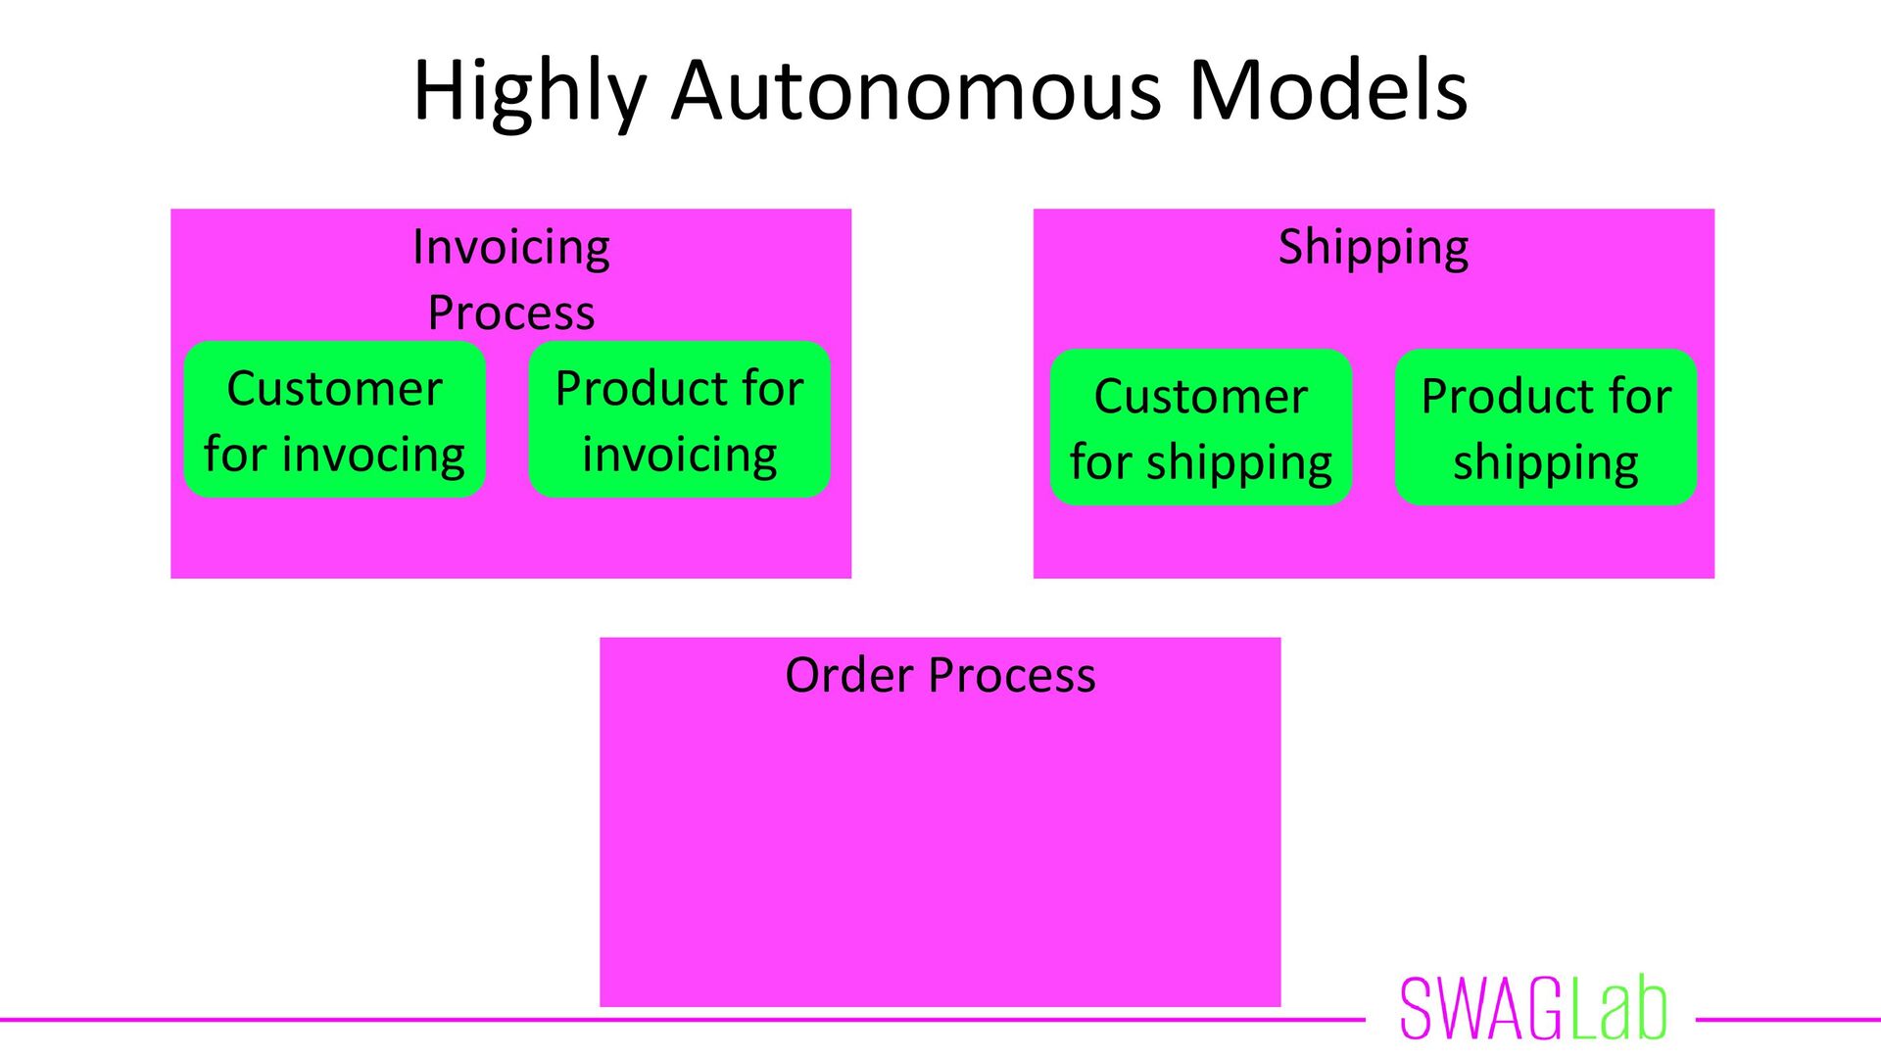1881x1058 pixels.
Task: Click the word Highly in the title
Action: pos(530,91)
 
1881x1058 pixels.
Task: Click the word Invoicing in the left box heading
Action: pos(510,247)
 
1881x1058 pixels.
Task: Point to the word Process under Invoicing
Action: pos(510,313)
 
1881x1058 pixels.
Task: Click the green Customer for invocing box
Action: pos(334,420)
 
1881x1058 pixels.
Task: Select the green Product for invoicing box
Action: pos(679,420)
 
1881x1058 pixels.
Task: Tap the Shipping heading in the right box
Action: pos(1373,247)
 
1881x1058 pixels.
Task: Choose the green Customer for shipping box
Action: pos(1201,428)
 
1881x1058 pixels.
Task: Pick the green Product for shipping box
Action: pos(1546,428)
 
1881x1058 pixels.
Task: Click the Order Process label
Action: pos(940,675)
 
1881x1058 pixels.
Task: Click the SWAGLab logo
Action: pos(1533,1009)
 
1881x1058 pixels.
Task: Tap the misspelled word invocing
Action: pos(373,456)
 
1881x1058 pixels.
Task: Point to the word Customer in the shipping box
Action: pos(1201,397)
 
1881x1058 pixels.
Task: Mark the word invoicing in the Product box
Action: pos(679,456)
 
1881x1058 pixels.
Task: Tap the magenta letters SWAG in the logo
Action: pos(1481,1009)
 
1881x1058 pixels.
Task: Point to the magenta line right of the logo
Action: pos(1788,1020)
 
